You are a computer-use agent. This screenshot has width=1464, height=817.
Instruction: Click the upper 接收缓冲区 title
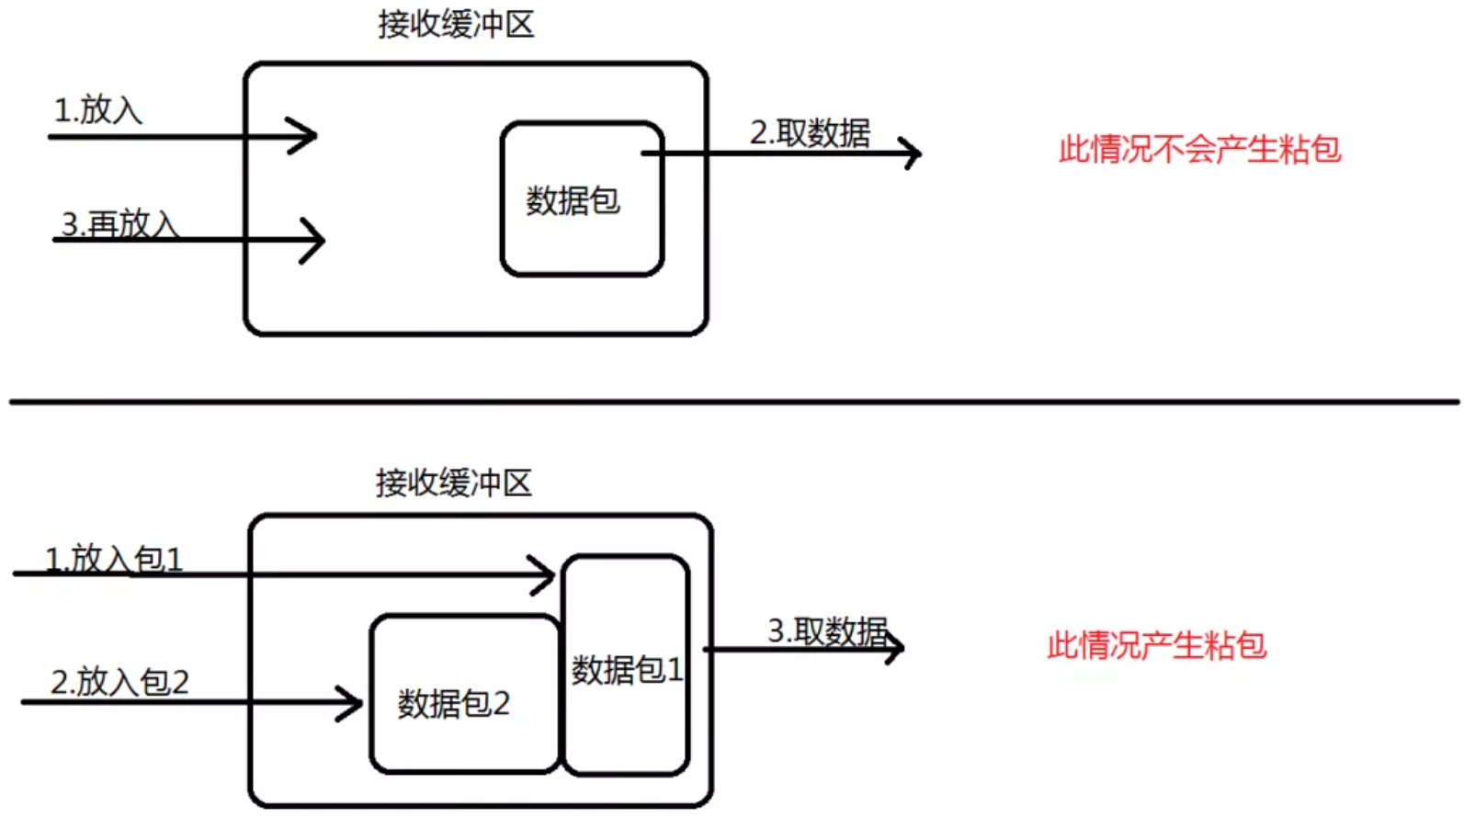point(456,25)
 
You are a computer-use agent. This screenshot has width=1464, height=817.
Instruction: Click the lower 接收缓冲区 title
point(453,482)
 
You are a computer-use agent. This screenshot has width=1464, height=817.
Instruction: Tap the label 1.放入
point(98,110)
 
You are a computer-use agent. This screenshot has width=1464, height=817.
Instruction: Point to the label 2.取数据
point(810,132)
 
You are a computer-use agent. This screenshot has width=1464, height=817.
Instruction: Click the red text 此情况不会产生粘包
point(1199,149)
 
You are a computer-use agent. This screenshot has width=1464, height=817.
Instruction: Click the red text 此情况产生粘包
point(1156,645)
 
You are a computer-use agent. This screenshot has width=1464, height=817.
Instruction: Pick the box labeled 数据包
point(581,199)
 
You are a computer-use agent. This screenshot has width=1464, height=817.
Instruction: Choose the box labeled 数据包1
point(626,666)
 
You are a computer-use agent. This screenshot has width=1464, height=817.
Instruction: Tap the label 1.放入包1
point(114,559)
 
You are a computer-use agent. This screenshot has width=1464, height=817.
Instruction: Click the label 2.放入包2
point(119,682)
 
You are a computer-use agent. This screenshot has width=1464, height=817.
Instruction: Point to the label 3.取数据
point(827,631)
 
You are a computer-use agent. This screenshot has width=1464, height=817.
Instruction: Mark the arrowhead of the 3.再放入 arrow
point(315,241)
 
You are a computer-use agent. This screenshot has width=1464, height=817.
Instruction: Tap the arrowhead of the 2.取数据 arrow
point(912,153)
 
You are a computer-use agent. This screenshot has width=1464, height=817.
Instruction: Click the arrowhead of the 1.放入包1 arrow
point(545,575)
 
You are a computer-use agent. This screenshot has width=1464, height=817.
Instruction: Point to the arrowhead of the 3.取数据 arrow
point(895,648)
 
